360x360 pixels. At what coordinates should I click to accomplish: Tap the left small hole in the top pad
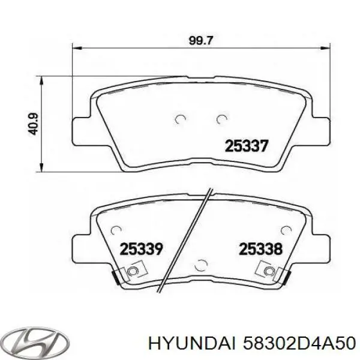pyautogui.click(x=178, y=119)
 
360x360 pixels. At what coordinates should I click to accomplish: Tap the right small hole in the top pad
pyautogui.click(x=222, y=119)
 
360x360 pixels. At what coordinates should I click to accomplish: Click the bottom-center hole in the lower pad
pyautogui.click(x=201, y=265)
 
